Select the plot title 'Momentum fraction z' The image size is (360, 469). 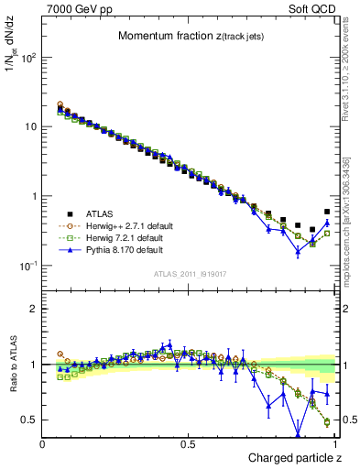183,36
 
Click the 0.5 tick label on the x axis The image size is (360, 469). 188,444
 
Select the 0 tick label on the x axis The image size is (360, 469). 43,444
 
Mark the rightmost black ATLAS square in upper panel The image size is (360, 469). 327,212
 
